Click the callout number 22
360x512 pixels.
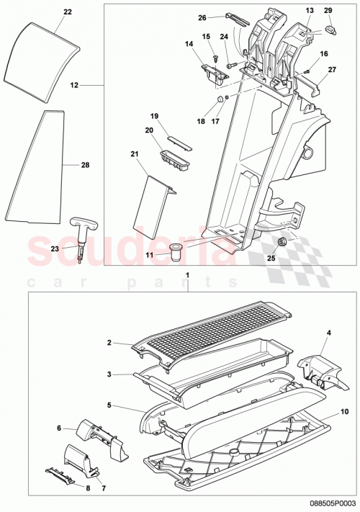[x=68, y=13]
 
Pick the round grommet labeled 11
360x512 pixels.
[x=176, y=250]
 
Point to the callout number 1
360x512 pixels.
[x=187, y=276]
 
